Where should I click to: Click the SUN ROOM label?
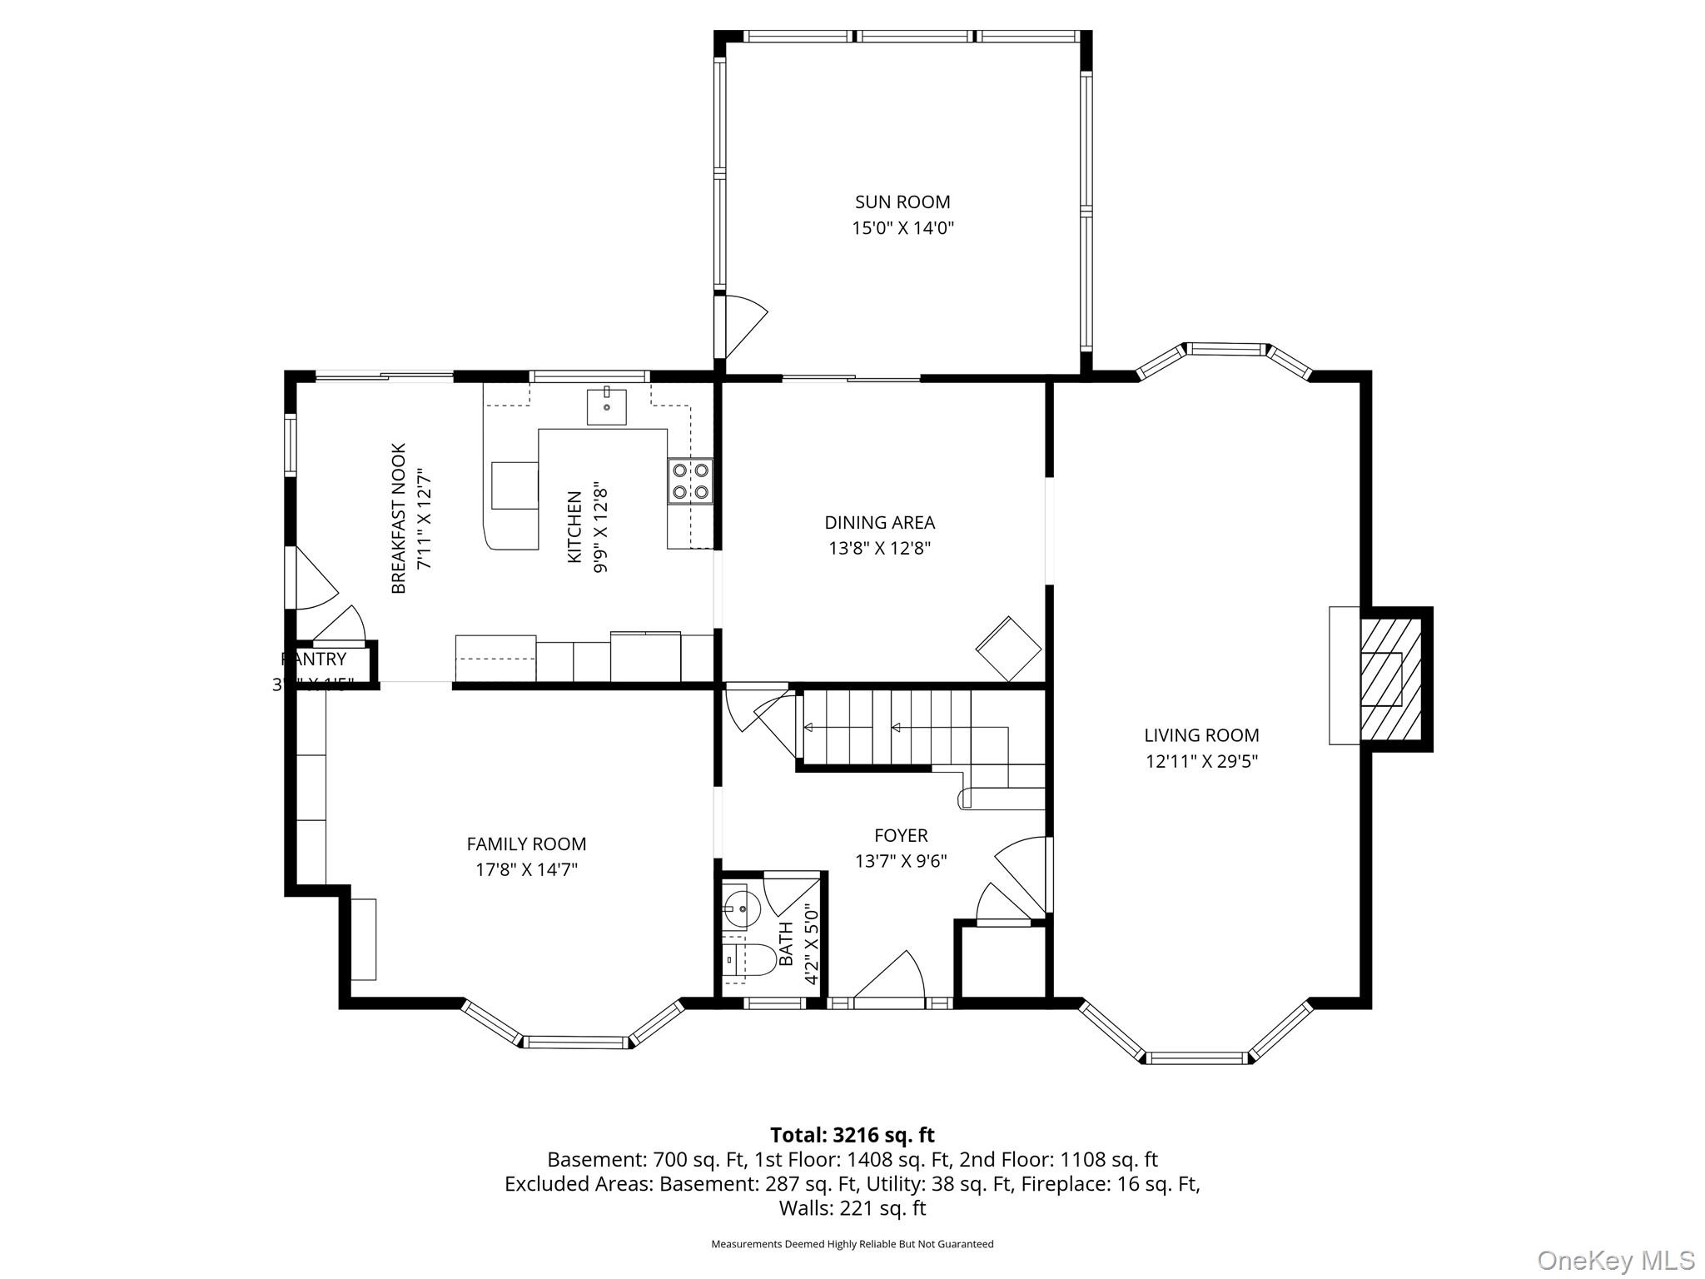[902, 202]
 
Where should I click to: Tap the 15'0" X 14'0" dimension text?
[902, 228]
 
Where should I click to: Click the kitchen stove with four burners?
[690, 481]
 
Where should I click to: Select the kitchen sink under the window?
[606, 406]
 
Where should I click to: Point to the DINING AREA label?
[879, 522]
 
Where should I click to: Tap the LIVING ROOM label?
[1200, 735]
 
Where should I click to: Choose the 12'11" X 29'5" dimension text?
[1200, 761]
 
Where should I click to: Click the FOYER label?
[901, 835]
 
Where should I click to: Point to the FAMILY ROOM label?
[526, 844]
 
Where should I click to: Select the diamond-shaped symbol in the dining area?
[1008, 649]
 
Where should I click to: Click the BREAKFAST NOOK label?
[399, 518]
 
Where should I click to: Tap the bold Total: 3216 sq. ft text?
[852, 1135]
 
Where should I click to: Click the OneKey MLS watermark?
[1615, 1260]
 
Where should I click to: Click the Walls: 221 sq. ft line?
[852, 1207]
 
